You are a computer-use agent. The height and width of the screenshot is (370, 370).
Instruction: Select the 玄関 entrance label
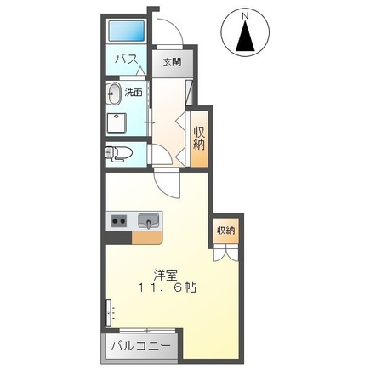173,62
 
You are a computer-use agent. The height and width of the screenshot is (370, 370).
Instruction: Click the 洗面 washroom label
133,92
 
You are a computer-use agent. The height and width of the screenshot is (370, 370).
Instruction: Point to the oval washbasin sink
114,93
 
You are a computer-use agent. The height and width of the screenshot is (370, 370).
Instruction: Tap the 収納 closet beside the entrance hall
199,138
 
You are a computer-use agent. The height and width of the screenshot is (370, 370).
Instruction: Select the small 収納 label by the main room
225,230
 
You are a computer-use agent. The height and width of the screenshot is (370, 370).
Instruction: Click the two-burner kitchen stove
118,221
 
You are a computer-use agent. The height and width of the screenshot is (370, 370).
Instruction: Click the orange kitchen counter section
142,236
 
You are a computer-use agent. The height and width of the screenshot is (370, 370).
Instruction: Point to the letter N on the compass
246,15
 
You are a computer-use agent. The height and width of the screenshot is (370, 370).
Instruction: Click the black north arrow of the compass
246,38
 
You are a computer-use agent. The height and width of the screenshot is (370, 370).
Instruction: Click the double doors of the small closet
225,252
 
